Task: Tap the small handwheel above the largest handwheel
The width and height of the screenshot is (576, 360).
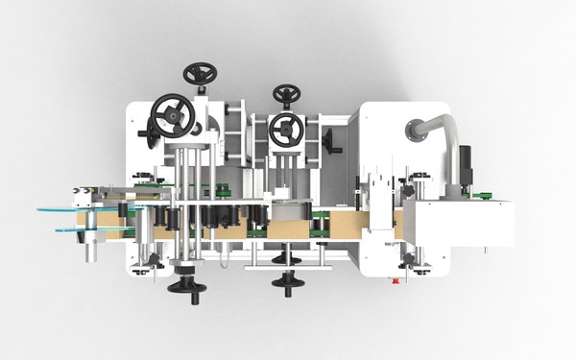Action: [x=202, y=75]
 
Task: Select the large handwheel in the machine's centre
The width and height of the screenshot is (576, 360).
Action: [x=287, y=130]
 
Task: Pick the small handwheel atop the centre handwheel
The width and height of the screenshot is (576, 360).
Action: [x=285, y=94]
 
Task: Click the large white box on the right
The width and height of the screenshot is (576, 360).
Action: [x=458, y=224]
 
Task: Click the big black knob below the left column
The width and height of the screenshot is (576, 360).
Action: [x=183, y=284]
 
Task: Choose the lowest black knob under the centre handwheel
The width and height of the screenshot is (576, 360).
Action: [x=282, y=280]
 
